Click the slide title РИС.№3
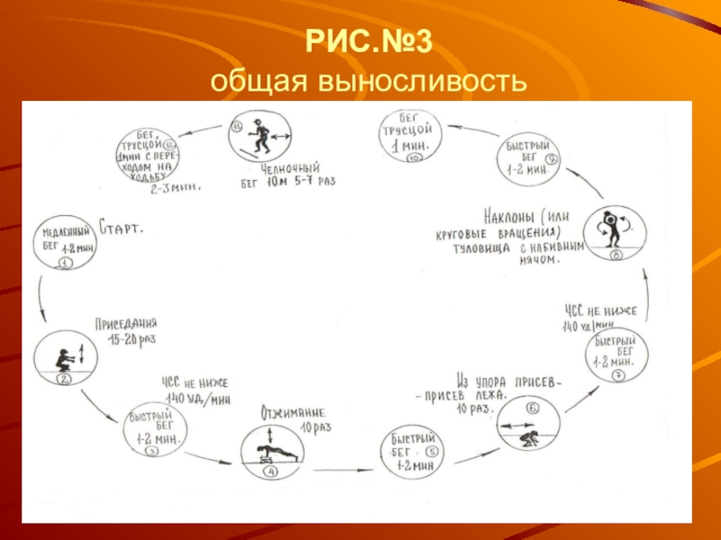[360, 41]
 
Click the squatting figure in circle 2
[65, 357]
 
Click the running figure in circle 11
[260, 136]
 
